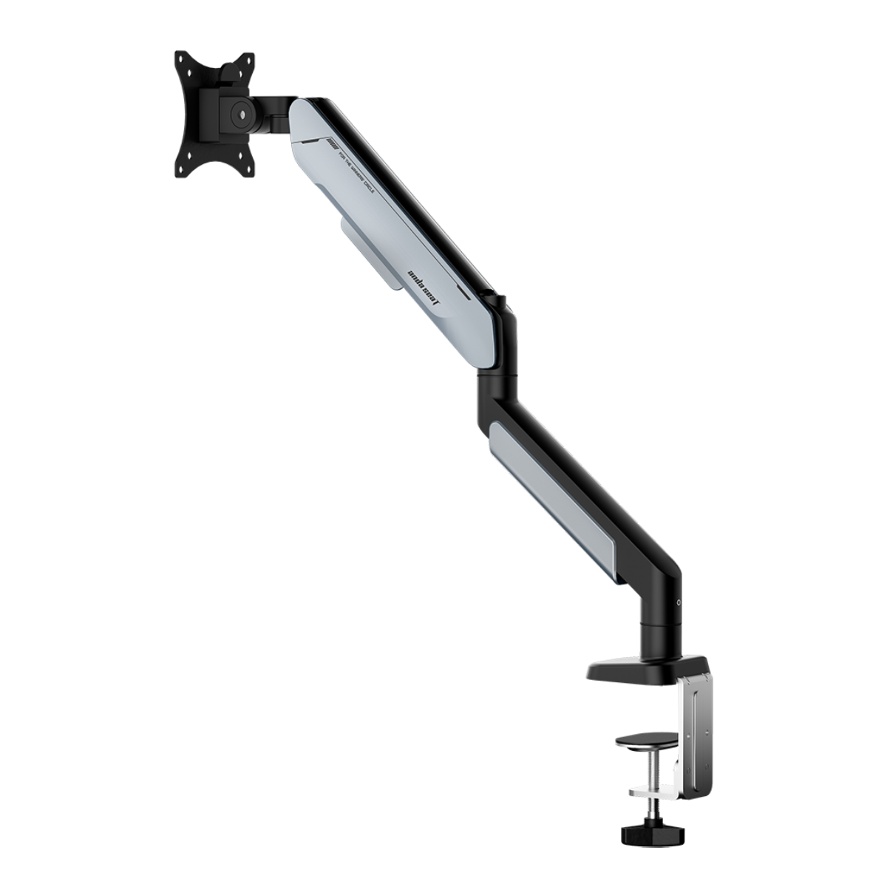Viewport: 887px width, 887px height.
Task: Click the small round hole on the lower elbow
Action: pyautogui.click(x=680, y=602)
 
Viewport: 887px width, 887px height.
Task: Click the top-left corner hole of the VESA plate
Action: pyautogui.click(x=180, y=58)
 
